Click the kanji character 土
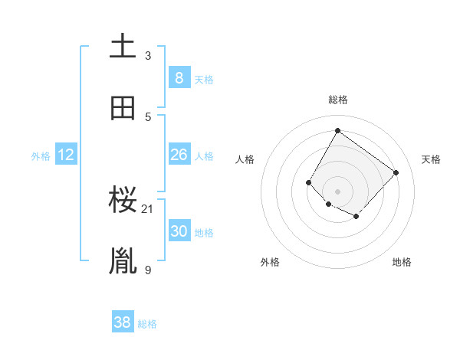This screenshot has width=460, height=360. [x=123, y=46]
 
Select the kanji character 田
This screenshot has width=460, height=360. [x=123, y=108]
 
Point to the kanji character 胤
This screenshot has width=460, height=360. [x=123, y=261]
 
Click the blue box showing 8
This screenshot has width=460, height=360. [x=179, y=77]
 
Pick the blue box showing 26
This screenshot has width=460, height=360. [x=179, y=155]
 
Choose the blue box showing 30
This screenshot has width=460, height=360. [x=179, y=231]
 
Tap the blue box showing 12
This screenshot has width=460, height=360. [x=66, y=155]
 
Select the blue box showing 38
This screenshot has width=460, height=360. [x=123, y=322]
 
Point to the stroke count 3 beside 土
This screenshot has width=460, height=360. [x=148, y=55]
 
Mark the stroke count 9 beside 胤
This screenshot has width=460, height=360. [x=148, y=270]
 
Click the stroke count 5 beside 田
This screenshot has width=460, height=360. [x=148, y=116]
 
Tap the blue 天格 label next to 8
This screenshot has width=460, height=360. [x=204, y=80]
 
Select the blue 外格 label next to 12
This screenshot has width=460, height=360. [x=41, y=156]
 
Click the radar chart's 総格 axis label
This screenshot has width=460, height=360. [x=337, y=100]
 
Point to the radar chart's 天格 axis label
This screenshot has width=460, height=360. [x=431, y=159]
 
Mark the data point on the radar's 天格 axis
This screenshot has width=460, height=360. [x=396, y=172]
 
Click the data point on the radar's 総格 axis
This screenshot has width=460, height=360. [x=337, y=131]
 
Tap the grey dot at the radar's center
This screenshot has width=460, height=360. [x=337, y=191]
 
